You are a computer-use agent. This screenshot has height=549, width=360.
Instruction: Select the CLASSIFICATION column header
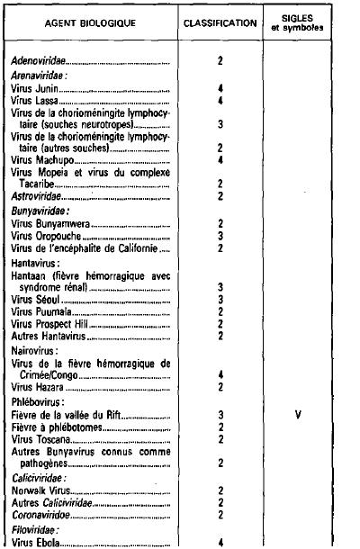pyautogui.click(x=219, y=21)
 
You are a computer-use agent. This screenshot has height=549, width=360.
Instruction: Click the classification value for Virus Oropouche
pyautogui.click(x=220, y=237)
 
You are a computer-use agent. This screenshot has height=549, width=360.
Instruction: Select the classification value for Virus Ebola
pyautogui.click(x=220, y=543)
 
